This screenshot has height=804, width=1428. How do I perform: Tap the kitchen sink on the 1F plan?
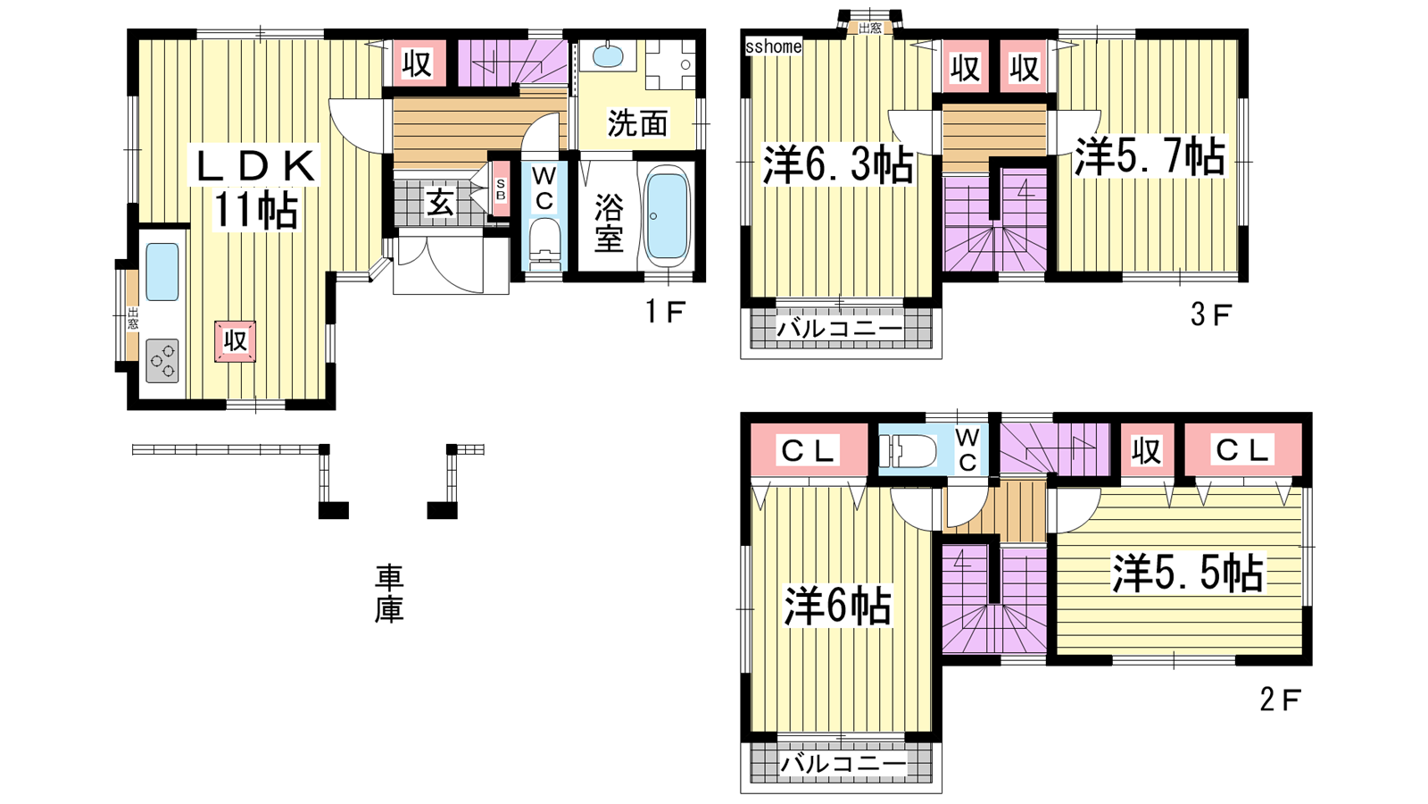click(x=162, y=272)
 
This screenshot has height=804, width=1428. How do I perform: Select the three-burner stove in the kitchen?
click(x=162, y=361)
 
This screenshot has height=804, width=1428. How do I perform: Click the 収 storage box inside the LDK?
click(x=236, y=341)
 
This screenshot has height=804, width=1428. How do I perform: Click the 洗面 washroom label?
click(x=637, y=124)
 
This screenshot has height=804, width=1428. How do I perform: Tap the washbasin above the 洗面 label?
click(x=608, y=54)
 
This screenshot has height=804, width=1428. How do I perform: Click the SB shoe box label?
click(x=501, y=188)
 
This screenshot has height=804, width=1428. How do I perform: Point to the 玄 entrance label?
click(x=440, y=204)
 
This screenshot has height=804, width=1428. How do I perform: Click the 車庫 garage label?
click(x=388, y=593)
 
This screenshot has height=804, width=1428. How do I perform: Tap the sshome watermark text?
click(x=773, y=46)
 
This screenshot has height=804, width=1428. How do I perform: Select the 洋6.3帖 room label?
click(x=838, y=165)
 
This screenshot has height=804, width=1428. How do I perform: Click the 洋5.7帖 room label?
click(x=1150, y=156)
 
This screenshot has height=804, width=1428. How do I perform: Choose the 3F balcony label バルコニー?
click(x=840, y=330)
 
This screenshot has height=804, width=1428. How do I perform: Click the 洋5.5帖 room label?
click(x=1188, y=573)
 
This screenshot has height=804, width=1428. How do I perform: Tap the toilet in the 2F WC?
click(x=908, y=452)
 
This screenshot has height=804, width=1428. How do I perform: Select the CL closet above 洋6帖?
click(x=808, y=451)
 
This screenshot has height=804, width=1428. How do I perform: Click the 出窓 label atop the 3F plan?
click(x=869, y=28)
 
